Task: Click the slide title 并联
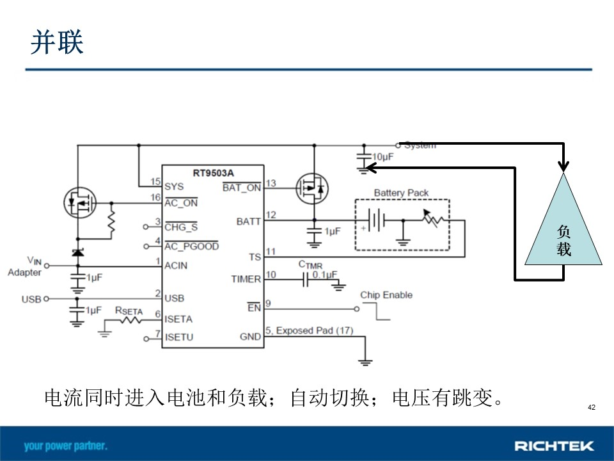pyautogui.click(x=57, y=42)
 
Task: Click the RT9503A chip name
pyautogui.click(x=213, y=173)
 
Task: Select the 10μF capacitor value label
pyautogui.click(x=382, y=158)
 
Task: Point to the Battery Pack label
pyautogui.click(x=401, y=193)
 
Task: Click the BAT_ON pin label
pyautogui.click(x=242, y=188)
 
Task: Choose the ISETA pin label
pyautogui.click(x=178, y=319)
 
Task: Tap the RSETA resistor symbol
pyautogui.click(x=130, y=321)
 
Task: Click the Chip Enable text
pyautogui.click(x=386, y=295)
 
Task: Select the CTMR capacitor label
pyautogui.click(x=310, y=265)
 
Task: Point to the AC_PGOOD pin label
pyautogui.click(x=191, y=246)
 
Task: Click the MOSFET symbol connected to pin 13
pyautogui.click(x=312, y=189)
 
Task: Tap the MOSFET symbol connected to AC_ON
pyautogui.click(x=80, y=203)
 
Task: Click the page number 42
pyautogui.click(x=591, y=407)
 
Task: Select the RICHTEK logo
pyautogui.click(x=554, y=446)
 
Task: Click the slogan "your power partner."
pyautogui.click(x=65, y=446)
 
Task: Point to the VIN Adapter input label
pyautogui.click(x=25, y=266)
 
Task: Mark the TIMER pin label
pyautogui.click(x=246, y=279)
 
